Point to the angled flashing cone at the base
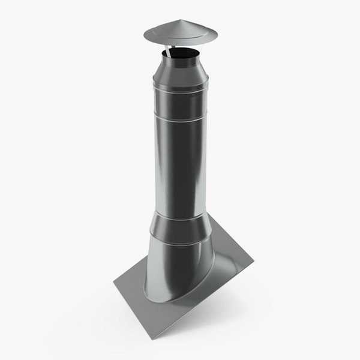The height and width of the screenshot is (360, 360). click(174, 270)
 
